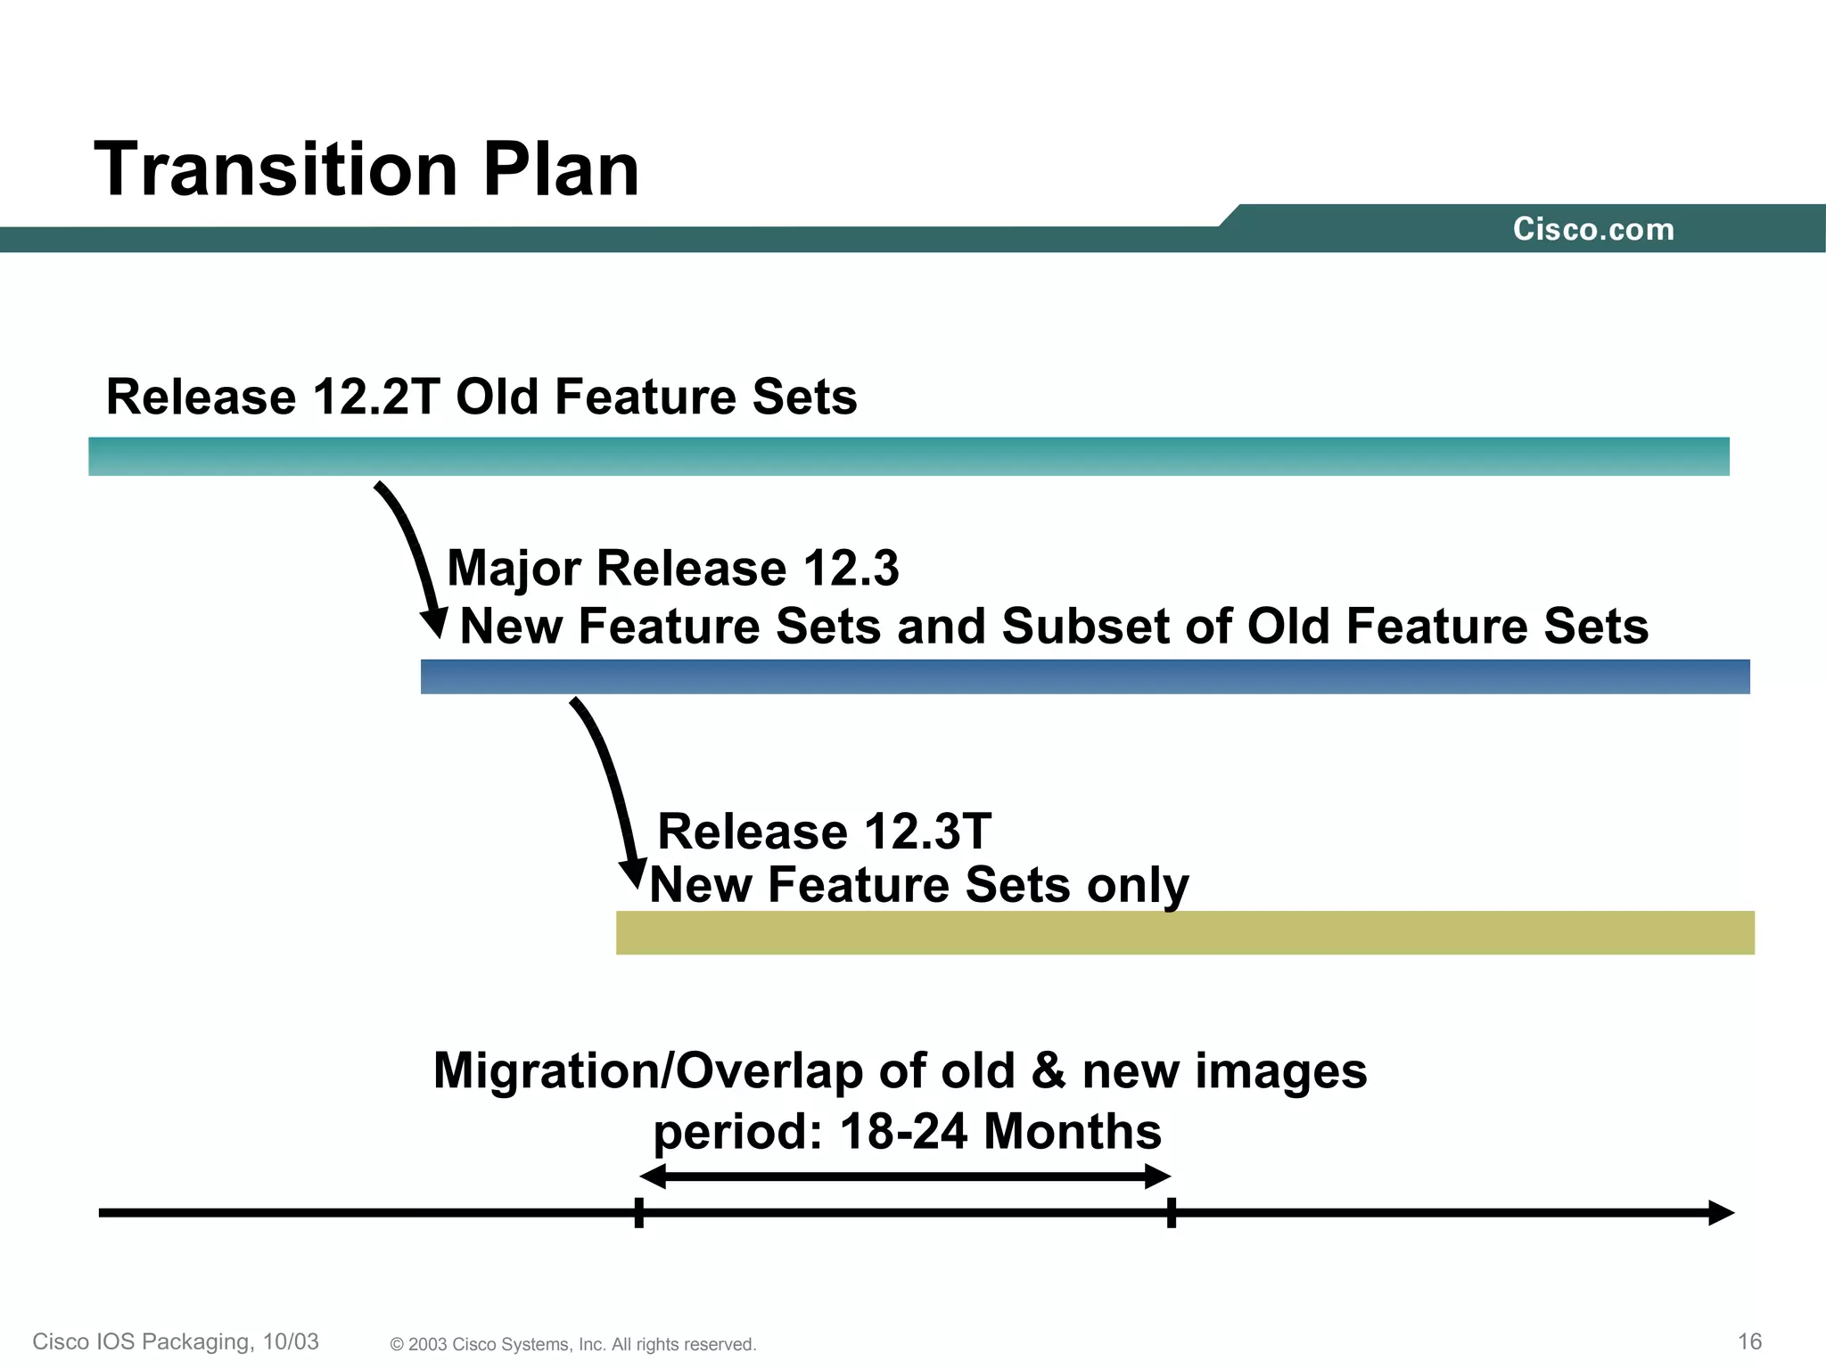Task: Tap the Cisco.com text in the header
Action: [1593, 230]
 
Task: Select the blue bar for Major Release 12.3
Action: [1084, 676]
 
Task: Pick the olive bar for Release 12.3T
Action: [1184, 932]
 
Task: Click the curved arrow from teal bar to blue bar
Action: [410, 553]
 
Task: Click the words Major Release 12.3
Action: [673, 568]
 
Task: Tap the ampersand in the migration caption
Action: [1049, 1070]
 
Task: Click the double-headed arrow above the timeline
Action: [904, 1176]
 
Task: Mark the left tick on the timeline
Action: [639, 1213]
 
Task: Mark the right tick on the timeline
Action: [1171, 1213]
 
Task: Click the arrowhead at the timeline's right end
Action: [1721, 1213]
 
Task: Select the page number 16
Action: [1749, 1341]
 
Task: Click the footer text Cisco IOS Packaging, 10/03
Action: [176, 1341]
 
